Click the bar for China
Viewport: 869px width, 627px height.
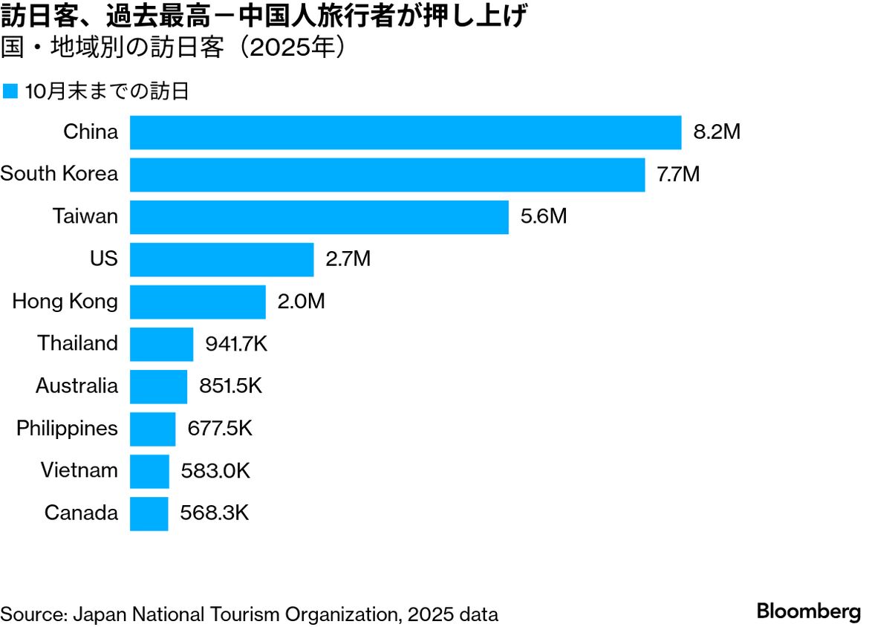[406, 132]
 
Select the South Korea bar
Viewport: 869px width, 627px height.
[387, 175]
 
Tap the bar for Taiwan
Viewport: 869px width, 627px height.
[319, 217]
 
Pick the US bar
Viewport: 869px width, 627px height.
[222, 259]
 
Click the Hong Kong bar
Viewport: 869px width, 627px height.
[198, 302]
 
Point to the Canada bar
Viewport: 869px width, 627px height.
[149, 513]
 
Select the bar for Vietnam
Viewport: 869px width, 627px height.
[149, 471]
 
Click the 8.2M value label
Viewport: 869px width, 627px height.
[717, 132]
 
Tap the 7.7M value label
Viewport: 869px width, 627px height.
[678, 175]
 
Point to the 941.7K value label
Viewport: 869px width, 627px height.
[235, 344]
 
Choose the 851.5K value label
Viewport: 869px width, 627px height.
[230, 386]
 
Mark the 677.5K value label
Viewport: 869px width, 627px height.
[219, 429]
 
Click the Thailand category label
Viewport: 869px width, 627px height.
[77, 343]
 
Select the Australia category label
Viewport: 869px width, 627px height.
[77, 386]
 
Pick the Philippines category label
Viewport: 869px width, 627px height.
[67, 429]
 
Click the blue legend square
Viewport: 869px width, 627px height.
[10, 91]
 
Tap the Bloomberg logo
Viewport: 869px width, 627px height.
[808, 612]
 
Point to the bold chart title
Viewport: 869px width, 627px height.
[264, 16]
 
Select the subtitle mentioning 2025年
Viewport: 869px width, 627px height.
[174, 48]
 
